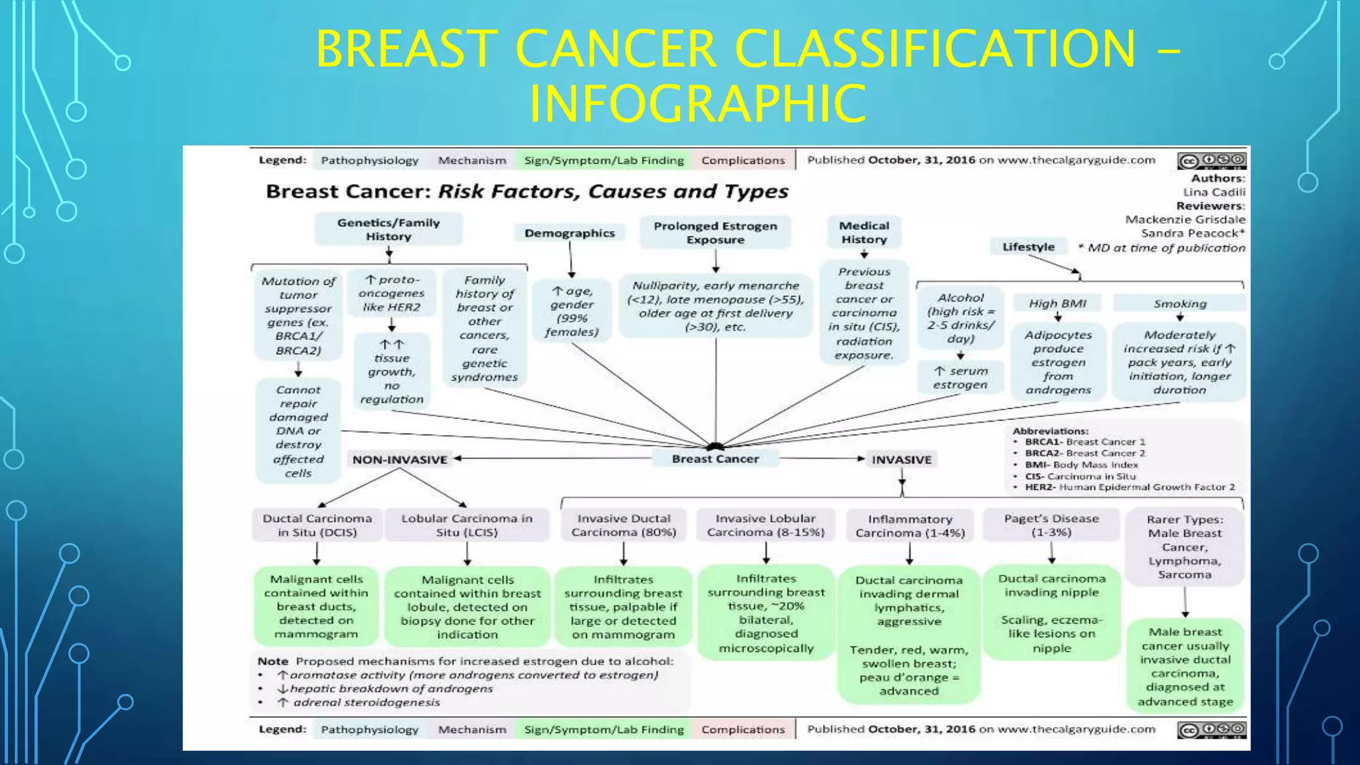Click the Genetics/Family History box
(x=388, y=229)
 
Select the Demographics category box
(x=569, y=233)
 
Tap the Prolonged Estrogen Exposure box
(x=715, y=232)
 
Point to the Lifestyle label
(x=1028, y=246)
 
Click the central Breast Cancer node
(x=715, y=459)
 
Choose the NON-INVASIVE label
(x=400, y=460)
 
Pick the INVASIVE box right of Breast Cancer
(x=901, y=460)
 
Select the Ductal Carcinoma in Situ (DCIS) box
(x=317, y=525)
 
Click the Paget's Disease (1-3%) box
(x=1051, y=525)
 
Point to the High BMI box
(x=1057, y=303)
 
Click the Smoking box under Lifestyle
(x=1179, y=303)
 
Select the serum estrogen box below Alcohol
(x=960, y=378)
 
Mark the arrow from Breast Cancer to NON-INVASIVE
(x=551, y=458)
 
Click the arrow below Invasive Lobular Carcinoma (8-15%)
(x=766, y=552)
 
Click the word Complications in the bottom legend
(x=743, y=729)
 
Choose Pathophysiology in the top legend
(x=369, y=160)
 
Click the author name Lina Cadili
(x=1214, y=192)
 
